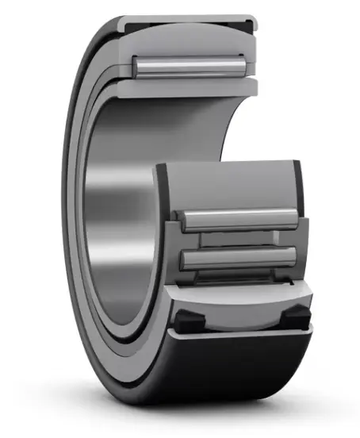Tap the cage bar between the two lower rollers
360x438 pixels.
pos(239,239)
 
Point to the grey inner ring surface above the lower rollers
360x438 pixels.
pos(230,186)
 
